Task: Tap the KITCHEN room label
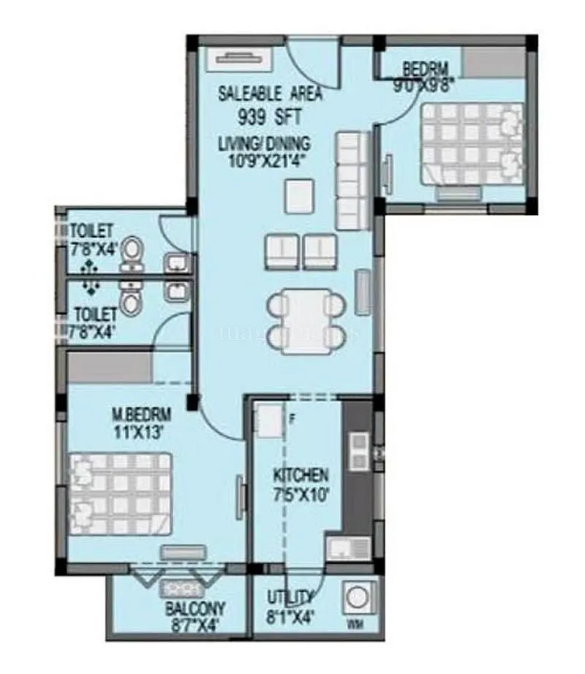tap(301, 474)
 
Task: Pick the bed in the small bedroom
tap(471, 145)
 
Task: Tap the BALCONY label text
tap(184, 608)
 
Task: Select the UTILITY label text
tap(291, 597)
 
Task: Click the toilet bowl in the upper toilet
tap(132, 251)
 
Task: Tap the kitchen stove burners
tap(359, 451)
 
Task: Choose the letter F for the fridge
tap(291, 420)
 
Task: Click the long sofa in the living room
tap(349, 180)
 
